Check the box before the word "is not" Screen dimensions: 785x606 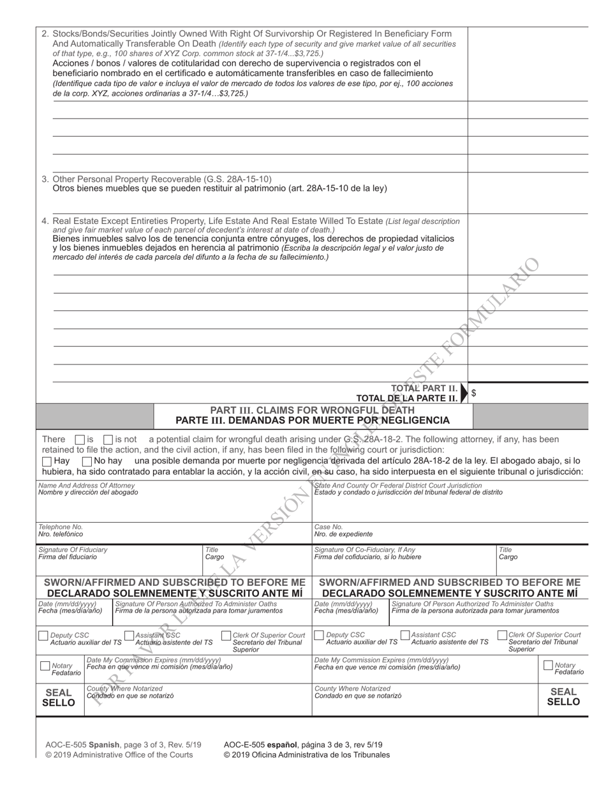[108, 440]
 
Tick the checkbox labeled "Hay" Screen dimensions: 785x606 [47, 461]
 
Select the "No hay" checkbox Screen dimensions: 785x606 [87, 461]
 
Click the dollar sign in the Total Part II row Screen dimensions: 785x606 [473, 393]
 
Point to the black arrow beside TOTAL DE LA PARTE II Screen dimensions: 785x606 [464, 394]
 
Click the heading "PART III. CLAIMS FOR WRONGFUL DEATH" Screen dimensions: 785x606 [312, 410]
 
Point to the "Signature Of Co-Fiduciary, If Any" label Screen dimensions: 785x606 [364, 549]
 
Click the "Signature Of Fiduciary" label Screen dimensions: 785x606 [73, 549]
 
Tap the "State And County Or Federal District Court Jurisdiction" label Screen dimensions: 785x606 [398, 486]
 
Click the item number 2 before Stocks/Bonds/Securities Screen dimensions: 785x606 [45, 34]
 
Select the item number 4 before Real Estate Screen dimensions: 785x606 [45, 221]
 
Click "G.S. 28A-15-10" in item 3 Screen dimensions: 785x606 [235, 179]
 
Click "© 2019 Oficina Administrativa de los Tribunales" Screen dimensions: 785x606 [306, 754]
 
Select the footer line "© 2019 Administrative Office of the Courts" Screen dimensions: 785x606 [119, 754]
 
